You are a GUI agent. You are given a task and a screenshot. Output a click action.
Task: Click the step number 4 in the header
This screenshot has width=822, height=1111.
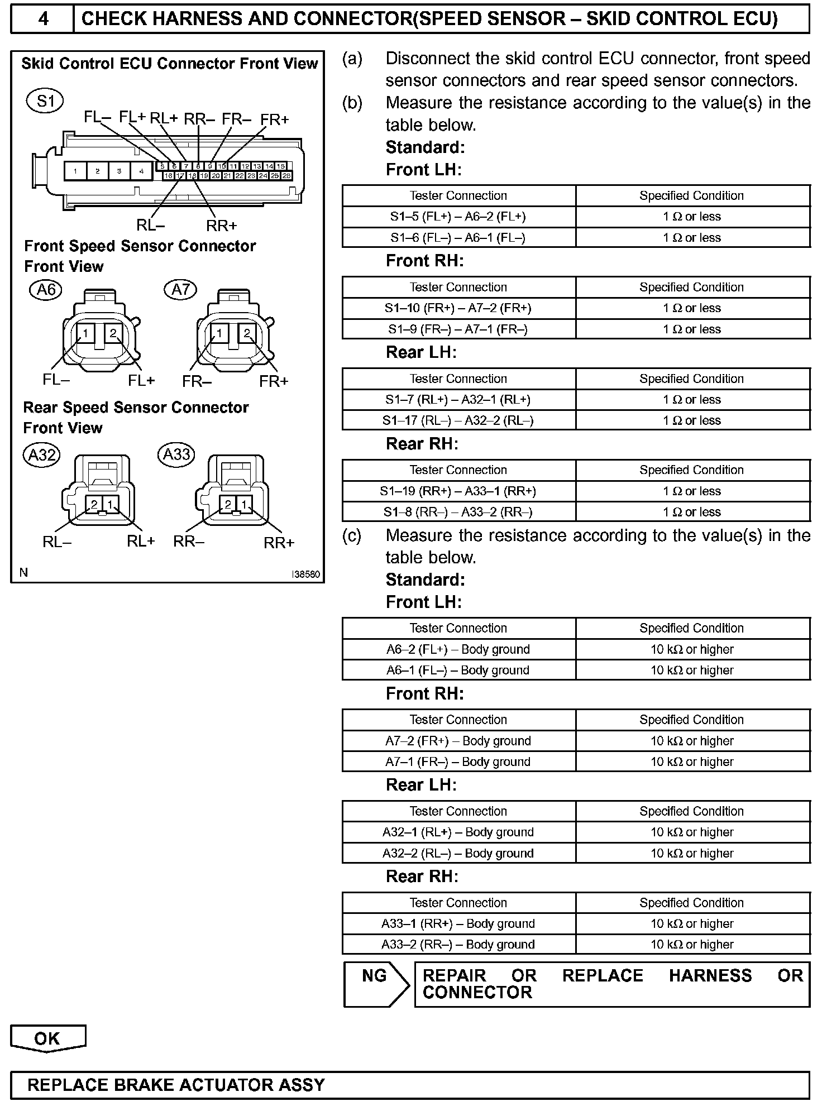point(42,20)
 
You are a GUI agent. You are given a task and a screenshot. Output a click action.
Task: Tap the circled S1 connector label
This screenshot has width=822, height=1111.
point(45,101)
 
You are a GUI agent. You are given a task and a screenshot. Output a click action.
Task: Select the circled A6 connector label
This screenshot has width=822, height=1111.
point(46,290)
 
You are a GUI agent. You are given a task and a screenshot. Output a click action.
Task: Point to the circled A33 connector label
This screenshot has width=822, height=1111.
point(177,454)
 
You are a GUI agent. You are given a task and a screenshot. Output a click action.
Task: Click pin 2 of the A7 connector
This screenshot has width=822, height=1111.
point(247,333)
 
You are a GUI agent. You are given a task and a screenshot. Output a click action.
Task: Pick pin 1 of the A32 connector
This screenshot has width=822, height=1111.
point(111,505)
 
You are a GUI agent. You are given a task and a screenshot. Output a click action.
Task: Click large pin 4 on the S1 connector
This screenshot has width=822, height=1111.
point(141,171)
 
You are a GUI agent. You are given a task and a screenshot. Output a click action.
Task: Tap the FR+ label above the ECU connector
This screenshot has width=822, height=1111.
point(274,119)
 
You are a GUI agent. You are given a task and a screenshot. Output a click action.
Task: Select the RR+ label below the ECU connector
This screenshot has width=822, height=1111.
point(222,226)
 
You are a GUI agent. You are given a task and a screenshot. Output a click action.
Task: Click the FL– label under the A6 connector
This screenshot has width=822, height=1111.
point(56,380)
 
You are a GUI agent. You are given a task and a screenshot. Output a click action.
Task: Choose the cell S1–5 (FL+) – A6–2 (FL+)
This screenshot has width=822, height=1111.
point(458,217)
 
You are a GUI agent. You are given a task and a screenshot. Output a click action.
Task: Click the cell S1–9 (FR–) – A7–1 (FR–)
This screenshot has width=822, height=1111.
point(458,329)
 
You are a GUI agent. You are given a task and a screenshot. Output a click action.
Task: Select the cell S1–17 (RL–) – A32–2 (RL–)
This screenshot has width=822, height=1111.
point(458,420)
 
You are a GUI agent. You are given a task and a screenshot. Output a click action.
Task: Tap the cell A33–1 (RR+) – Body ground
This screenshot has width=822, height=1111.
point(458,923)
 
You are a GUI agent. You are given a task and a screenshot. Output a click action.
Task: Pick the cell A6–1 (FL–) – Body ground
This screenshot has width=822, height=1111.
point(458,670)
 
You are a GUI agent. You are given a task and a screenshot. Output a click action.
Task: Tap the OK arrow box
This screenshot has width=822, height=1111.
point(47,1038)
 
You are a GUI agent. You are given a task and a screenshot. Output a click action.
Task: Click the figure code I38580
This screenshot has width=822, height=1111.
point(306,574)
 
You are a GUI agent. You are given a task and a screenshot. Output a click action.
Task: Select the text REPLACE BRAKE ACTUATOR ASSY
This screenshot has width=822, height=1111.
point(176,1085)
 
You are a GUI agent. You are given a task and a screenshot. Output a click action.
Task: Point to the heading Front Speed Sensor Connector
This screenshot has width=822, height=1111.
point(140,246)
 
